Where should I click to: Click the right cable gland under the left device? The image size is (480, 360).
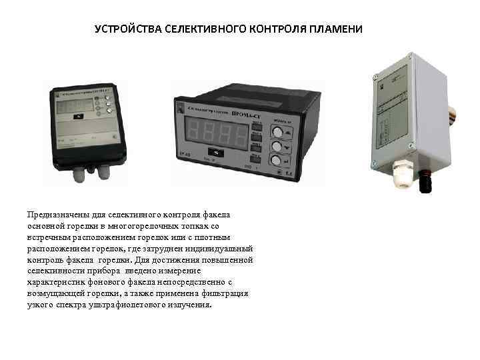tap(105, 172)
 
